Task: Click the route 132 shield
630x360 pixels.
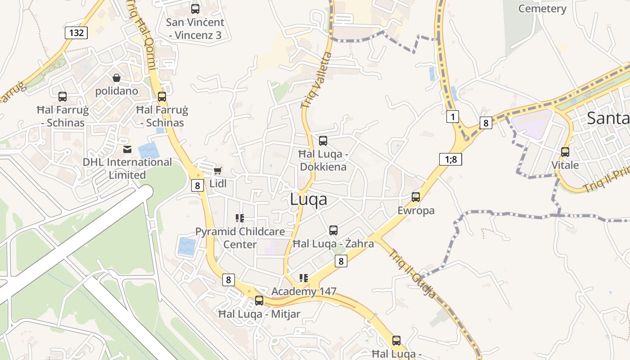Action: pyautogui.click(x=76, y=32)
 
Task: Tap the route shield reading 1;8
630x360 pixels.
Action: pyautogui.click(x=450, y=159)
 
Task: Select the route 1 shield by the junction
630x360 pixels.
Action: pyautogui.click(x=453, y=117)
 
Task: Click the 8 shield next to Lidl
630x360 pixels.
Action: pyautogui.click(x=197, y=185)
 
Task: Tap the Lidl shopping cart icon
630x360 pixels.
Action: pyautogui.click(x=218, y=171)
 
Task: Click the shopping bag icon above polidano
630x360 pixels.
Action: pyautogui.click(x=117, y=78)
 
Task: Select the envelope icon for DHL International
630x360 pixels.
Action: pyautogui.click(x=127, y=149)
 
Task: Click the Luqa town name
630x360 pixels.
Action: pyautogui.click(x=309, y=199)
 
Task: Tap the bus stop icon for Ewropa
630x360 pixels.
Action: pyautogui.click(x=416, y=197)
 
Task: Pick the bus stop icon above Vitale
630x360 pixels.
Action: pyautogui.click(x=565, y=152)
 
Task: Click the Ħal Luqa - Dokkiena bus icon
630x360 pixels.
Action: pyautogui.click(x=323, y=141)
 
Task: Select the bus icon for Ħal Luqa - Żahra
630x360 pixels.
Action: pyautogui.click(x=333, y=230)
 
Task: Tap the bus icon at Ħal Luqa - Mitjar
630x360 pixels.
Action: pyautogui.click(x=259, y=301)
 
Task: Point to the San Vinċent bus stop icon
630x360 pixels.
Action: pyautogui.click(x=195, y=9)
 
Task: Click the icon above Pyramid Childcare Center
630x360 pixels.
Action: pyautogui.click(x=240, y=218)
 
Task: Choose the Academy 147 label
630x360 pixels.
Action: pyautogui.click(x=304, y=291)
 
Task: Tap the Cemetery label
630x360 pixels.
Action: pyautogui.click(x=542, y=9)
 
